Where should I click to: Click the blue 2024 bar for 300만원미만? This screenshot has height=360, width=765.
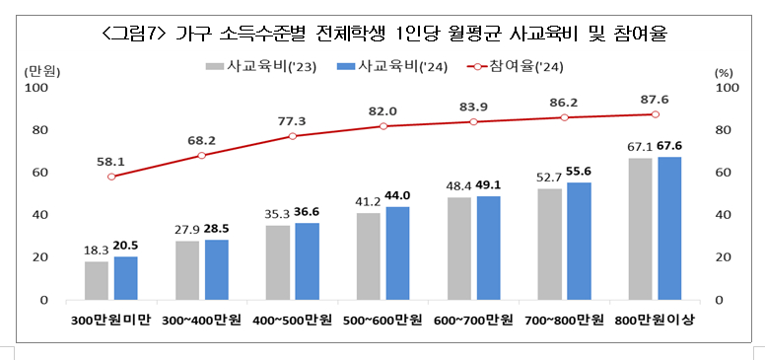[x=125, y=278]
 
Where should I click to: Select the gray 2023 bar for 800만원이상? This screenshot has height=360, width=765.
[x=640, y=229]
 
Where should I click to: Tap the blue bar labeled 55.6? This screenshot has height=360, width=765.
[x=580, y=241]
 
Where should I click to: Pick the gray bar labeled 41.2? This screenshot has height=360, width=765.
[x=369, y=256]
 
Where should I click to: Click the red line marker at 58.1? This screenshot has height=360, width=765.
[x=111, y=177]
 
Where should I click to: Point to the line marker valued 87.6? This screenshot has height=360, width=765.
[x=655, y=114]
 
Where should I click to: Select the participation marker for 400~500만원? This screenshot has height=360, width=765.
[x=293, y=136]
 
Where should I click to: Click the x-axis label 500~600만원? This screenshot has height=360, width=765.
[x=383, y=321]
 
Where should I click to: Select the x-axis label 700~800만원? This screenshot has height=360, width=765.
[x=564, y=321]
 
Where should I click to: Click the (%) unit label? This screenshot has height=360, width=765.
[x=724, y=72]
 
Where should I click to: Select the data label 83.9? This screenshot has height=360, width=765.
[x=474, y=107]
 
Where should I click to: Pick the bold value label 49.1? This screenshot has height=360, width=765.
[x=490, y=184]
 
